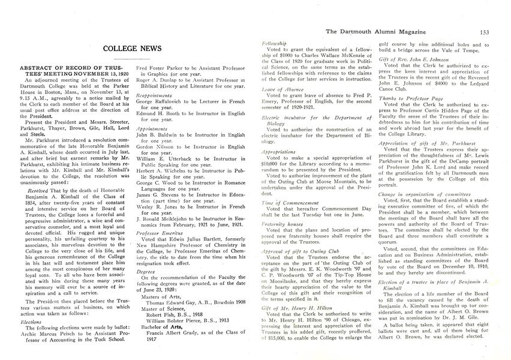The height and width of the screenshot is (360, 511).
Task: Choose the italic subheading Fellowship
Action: point(276,44)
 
